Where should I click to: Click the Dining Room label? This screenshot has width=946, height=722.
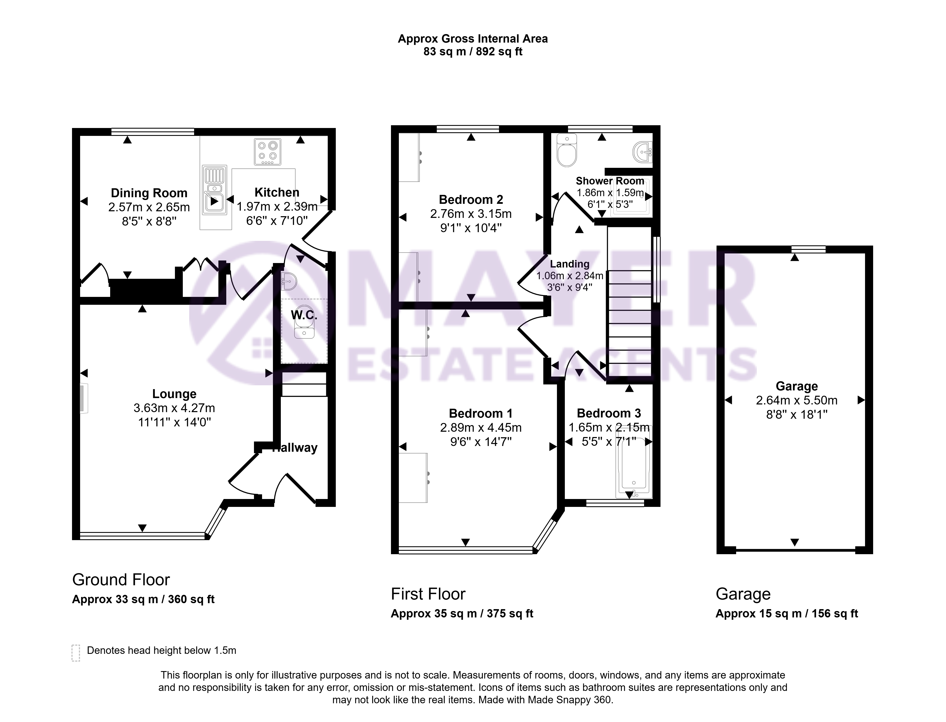[x=149, y=193]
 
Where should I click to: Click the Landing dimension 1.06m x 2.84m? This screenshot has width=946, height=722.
[x=570, y=275]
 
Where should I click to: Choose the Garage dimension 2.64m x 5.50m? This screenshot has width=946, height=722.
[x=796, y=400]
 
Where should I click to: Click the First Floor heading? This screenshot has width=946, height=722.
[x=428, y=594]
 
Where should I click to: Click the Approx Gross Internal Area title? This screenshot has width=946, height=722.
[x=473, y=39]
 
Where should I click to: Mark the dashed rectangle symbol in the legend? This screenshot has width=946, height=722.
[x=76, y=653]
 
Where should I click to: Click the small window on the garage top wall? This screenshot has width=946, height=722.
[x=809, y=249]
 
